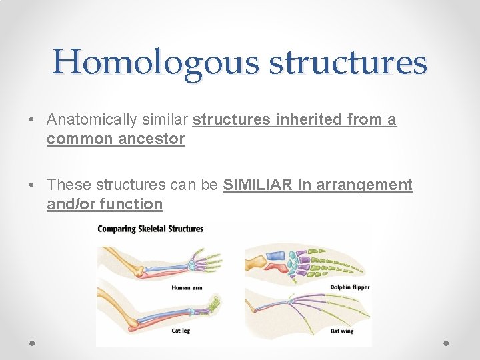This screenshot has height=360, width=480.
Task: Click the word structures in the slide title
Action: pyautogui.click(x=347, y=63)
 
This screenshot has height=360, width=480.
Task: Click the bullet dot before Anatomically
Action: pyautogui.click(x=33, y=121)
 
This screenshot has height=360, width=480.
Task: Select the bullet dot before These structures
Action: pyautogui.click(x=33, y=185)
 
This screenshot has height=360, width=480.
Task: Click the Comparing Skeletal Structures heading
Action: pyautogui.click(x=151, y=229)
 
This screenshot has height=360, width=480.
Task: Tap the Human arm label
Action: pyautogui.click(x=187, y=287)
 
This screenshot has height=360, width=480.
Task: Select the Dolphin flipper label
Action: pyautogui.click(x=349, y=287)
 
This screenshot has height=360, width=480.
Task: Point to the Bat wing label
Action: pyautogui.click(x=341, y=331)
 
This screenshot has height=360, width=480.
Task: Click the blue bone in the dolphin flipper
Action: pyautogui.click(x=275, y=254)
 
